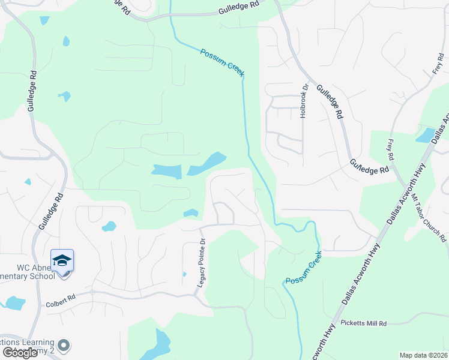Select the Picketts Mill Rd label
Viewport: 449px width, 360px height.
364,323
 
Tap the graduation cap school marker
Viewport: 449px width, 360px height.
62,261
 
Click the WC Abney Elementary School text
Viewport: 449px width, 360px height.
27,271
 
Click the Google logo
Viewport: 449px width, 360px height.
20,352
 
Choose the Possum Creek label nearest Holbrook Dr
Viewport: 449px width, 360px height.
221,62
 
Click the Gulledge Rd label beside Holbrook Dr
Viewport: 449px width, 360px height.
330,101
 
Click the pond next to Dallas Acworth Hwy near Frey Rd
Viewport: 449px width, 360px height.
426,135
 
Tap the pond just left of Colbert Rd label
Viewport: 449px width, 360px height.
13,303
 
